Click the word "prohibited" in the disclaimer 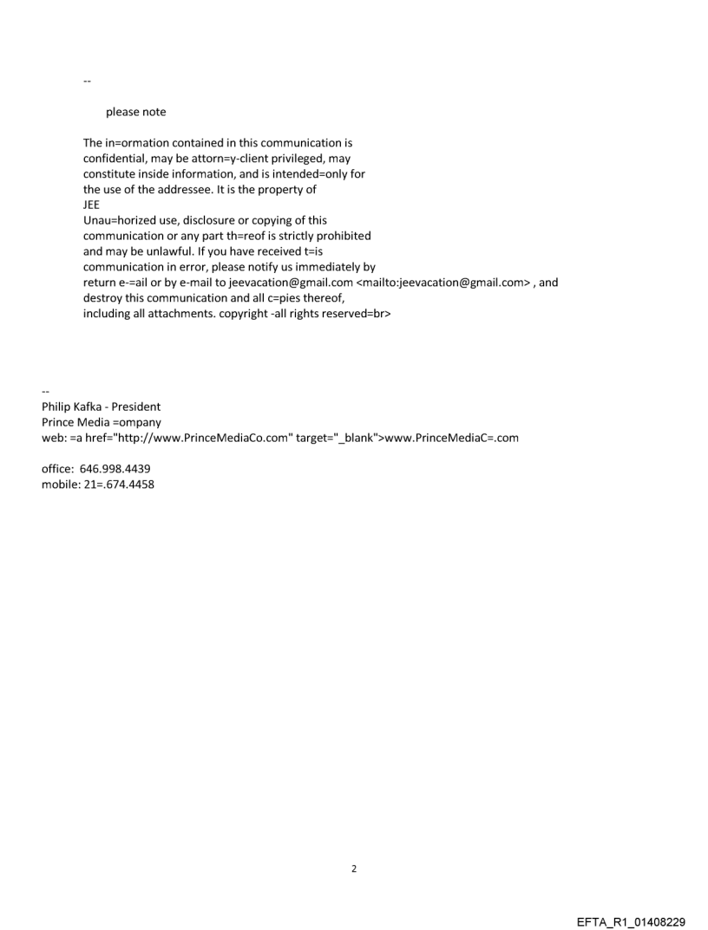click(343, 236)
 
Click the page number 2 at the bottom click(353, 868)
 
